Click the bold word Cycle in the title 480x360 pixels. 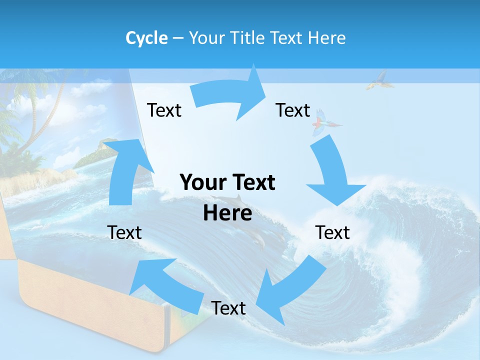point(146,38)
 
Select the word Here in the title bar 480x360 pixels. point(326,38)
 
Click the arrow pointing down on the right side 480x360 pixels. point(332,175)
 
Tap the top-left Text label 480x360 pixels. point(164,110)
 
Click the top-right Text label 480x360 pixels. point(293,110)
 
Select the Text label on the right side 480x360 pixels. point(332,232)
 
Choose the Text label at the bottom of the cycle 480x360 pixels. point(228,308)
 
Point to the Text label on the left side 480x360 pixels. point(124,232)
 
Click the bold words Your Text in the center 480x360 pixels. point(227,182)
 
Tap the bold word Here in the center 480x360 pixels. point(227,213)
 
